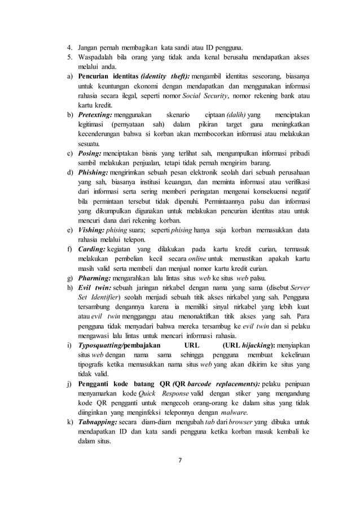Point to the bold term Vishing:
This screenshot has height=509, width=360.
tap(92, 231)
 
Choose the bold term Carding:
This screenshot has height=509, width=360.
tap(92, 250)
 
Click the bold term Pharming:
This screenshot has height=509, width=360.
tap(94, 279)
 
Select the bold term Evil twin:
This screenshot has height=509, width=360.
tap(94, 288)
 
